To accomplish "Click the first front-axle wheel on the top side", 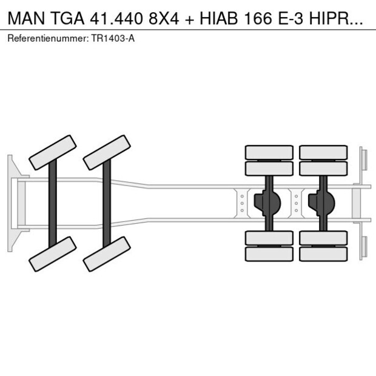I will (x=53, y=152).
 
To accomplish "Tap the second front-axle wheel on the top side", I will (x=107, y=152).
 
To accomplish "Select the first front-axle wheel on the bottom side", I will (x=53, y=253).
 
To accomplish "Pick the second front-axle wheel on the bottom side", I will (x=107, y=253).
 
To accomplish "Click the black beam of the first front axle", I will (x=53, y=203).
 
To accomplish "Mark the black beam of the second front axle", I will (x=107, y=203).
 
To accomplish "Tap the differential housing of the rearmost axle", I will (x=323, y=203).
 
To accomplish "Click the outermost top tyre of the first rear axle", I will (x=269, y=152).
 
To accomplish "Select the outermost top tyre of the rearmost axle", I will (x=323, y=152).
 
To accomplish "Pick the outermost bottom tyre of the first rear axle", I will (x=269, y=254).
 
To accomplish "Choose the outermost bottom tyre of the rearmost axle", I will (x=323, y=254).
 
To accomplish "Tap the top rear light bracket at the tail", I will (x=363, y=161).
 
